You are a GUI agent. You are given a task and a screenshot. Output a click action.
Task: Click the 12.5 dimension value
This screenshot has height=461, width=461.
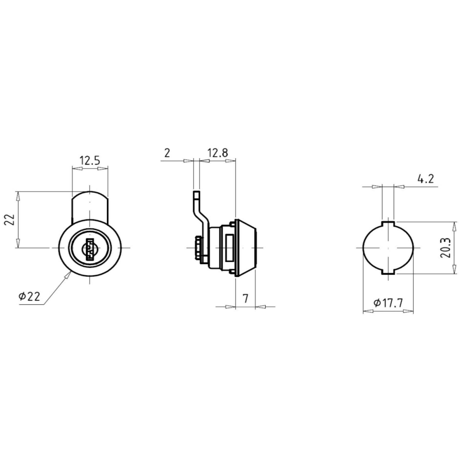(89, 161)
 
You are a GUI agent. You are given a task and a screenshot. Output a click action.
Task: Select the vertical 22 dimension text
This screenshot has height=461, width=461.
(9, 219)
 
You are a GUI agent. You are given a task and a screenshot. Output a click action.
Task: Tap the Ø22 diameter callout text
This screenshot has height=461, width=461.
(29, 297)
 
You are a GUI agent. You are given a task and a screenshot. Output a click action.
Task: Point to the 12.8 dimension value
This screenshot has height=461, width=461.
(217, 153)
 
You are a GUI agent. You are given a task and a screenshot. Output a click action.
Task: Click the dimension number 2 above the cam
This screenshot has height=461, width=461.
(167, 153)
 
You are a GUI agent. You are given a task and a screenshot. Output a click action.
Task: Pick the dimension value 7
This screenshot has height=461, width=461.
(245, 298)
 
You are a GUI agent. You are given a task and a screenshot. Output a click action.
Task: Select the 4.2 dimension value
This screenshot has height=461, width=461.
(426, 179)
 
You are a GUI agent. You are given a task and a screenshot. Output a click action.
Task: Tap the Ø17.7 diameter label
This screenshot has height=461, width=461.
(388, 303)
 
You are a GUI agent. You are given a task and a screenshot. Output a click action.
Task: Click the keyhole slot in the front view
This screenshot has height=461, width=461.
(90, 249)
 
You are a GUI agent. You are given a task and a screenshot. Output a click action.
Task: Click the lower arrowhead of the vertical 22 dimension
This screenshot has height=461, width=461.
(18, 243)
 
